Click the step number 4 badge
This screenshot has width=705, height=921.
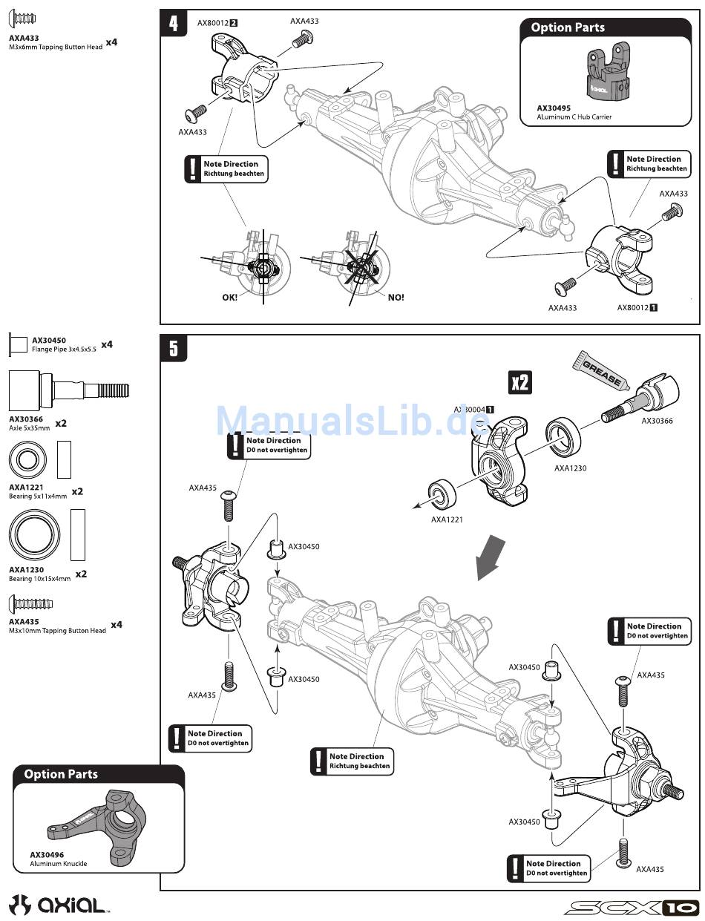(174, 23)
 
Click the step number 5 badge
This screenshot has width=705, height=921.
(174, 348)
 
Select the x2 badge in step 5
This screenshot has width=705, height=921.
(520, 382)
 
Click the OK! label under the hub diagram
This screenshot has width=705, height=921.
(230, 297)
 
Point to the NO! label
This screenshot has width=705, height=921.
(396, 297)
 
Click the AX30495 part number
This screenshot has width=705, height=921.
(554, 108)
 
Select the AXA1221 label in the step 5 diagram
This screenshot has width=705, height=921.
(447, 520)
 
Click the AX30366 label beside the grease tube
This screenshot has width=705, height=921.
(657, 421)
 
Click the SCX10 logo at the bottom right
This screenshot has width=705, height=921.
(630, 907)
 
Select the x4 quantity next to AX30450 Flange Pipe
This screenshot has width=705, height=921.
(106, 344)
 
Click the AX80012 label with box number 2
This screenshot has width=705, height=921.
(217, 23)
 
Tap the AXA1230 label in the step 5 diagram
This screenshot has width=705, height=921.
(570, 468)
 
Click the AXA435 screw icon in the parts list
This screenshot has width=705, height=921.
(30, 602)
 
